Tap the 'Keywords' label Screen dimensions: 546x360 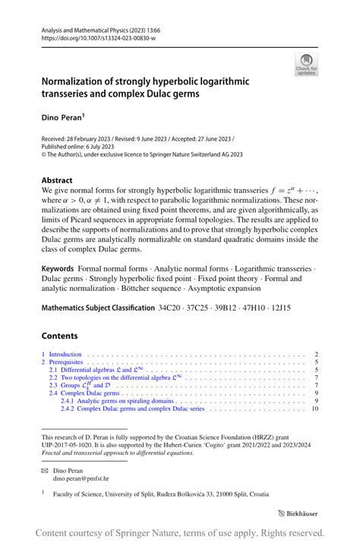tap(58, 269)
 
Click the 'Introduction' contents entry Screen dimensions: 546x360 tap(65, 355)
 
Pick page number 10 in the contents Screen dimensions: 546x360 tap(314, 409)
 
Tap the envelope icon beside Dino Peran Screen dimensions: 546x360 tap(45, 471)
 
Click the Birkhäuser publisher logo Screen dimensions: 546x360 tap(297, 513)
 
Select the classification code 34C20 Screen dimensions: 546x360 tap(172, 309)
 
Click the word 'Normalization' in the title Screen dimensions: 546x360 tap(77, 81)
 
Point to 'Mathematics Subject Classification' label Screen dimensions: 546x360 tap(97, 309)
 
